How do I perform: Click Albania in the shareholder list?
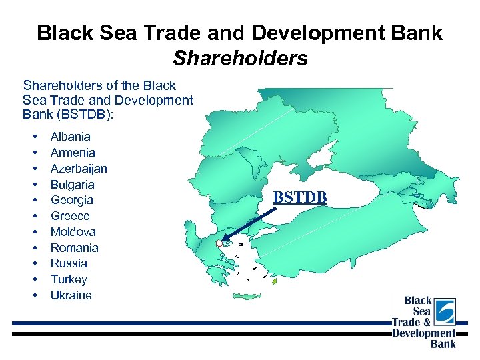point(70,137)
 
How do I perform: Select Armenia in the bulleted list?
point(72,153)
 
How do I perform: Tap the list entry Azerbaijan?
point(79,169)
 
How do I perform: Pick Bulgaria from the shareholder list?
point(72,185)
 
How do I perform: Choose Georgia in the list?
point(71,200)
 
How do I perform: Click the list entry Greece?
point(69,216)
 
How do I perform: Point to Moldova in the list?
point(73,232)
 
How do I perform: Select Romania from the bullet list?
point(74,248)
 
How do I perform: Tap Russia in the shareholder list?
point(69,263)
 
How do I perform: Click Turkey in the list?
point(69,279)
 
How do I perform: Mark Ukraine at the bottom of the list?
point(71,295)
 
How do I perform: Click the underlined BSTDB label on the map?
point(300,197)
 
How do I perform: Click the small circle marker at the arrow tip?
point(219,244)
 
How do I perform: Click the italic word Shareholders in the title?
point(240,59)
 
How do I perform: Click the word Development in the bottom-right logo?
point(423,333)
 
